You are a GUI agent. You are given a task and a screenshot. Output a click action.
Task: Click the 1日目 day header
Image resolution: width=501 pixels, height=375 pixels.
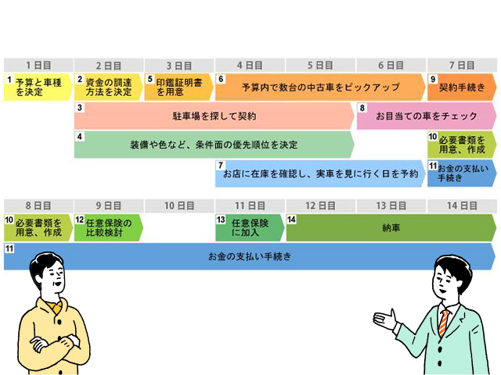[x=38, y=65]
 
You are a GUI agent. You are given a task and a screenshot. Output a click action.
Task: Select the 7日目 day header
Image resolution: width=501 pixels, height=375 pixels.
[x=462, y=65]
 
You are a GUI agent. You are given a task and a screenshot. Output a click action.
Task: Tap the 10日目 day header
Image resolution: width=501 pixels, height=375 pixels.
[x=179, y=205]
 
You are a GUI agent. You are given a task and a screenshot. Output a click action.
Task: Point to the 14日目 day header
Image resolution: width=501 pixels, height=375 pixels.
[x=462, y=205]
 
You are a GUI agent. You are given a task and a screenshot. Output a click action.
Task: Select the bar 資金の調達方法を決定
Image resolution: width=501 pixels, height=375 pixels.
[x=109, y=87]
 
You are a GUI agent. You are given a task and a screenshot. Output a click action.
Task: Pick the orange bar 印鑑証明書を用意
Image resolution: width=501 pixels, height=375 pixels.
[x=178, y=87]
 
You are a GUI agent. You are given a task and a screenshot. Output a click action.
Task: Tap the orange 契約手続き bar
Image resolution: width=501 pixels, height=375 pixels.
[x=462, y=87]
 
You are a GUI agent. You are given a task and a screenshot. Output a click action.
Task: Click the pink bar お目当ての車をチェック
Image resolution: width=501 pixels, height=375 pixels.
[x=426, y=116]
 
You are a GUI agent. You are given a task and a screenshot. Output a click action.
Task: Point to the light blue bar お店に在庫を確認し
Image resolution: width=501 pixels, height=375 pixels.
[x=320, y=173]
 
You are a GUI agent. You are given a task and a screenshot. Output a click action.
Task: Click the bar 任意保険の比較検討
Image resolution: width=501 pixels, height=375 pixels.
[x=109, y=227]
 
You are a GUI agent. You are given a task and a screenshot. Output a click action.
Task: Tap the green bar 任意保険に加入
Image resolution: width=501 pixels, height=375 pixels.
[x=250, y=227]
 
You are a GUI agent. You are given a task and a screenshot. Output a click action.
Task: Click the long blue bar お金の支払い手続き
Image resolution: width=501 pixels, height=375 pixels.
[x=250, y=255]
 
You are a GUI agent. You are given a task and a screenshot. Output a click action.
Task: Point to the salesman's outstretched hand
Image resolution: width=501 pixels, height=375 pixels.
[x=384, y=319]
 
